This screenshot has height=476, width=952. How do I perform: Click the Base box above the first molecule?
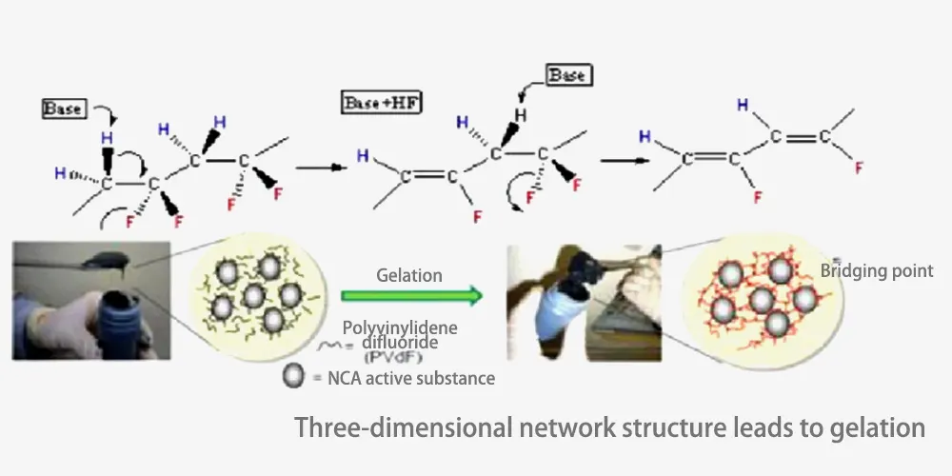[x=64, y=109]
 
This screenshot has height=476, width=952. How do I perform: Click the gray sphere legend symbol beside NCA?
[x=293, y=377]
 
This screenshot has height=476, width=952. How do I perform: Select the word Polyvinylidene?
[x=400, y=328]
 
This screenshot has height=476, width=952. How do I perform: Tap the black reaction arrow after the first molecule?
[x=317, y=167]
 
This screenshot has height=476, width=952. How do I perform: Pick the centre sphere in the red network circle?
[x=762, y=302]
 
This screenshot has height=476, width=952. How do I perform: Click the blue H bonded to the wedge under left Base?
[x=107, y=139]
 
